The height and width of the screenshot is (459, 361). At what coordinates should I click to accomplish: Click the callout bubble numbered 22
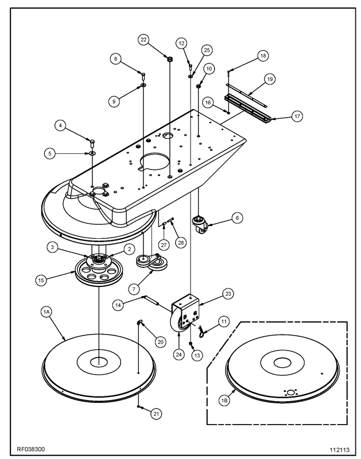tap(143, 40)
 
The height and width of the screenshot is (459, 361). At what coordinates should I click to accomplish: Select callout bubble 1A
tap(47, 312)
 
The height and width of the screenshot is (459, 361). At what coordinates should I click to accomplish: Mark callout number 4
tap(59, 125)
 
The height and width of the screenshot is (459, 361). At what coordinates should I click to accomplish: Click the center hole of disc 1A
tap(98, 361)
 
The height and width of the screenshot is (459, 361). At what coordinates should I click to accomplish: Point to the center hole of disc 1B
tap(282, 363)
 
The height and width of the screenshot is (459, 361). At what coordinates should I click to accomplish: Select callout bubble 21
tap(156, 413)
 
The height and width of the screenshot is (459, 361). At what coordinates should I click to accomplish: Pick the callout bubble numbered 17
tap(297, 115)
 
